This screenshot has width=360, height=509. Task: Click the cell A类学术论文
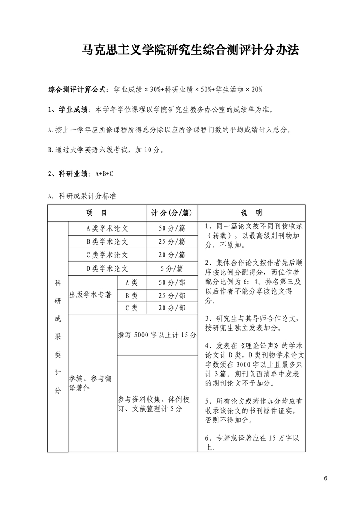click(x=107, y=228)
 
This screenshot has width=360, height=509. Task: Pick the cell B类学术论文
click(x=107, y=241)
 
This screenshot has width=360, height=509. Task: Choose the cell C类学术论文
click(x=107, y=255)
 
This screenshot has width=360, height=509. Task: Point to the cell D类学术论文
click(x=107, y=268)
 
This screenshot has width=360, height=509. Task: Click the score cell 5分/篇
click(x=172, y=268)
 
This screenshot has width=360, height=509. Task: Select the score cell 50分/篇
click(x=172, y=228)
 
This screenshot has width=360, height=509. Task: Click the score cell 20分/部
click(x=172, y=308)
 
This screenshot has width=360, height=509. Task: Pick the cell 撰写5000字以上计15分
click(x=156, y=336)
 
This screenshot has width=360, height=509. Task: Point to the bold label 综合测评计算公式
click(x=78, y=89)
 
